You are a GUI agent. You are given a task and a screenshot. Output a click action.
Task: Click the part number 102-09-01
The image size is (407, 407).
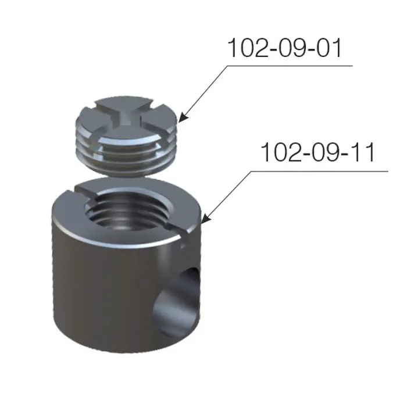[x=285, y=48]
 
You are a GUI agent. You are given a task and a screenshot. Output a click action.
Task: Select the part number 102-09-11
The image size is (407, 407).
[x=317, y=152]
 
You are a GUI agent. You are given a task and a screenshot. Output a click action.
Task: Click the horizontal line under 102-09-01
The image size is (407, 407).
[x=290, y=66]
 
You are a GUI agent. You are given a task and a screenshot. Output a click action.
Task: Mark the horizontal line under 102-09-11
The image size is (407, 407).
[x=320, y=171]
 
